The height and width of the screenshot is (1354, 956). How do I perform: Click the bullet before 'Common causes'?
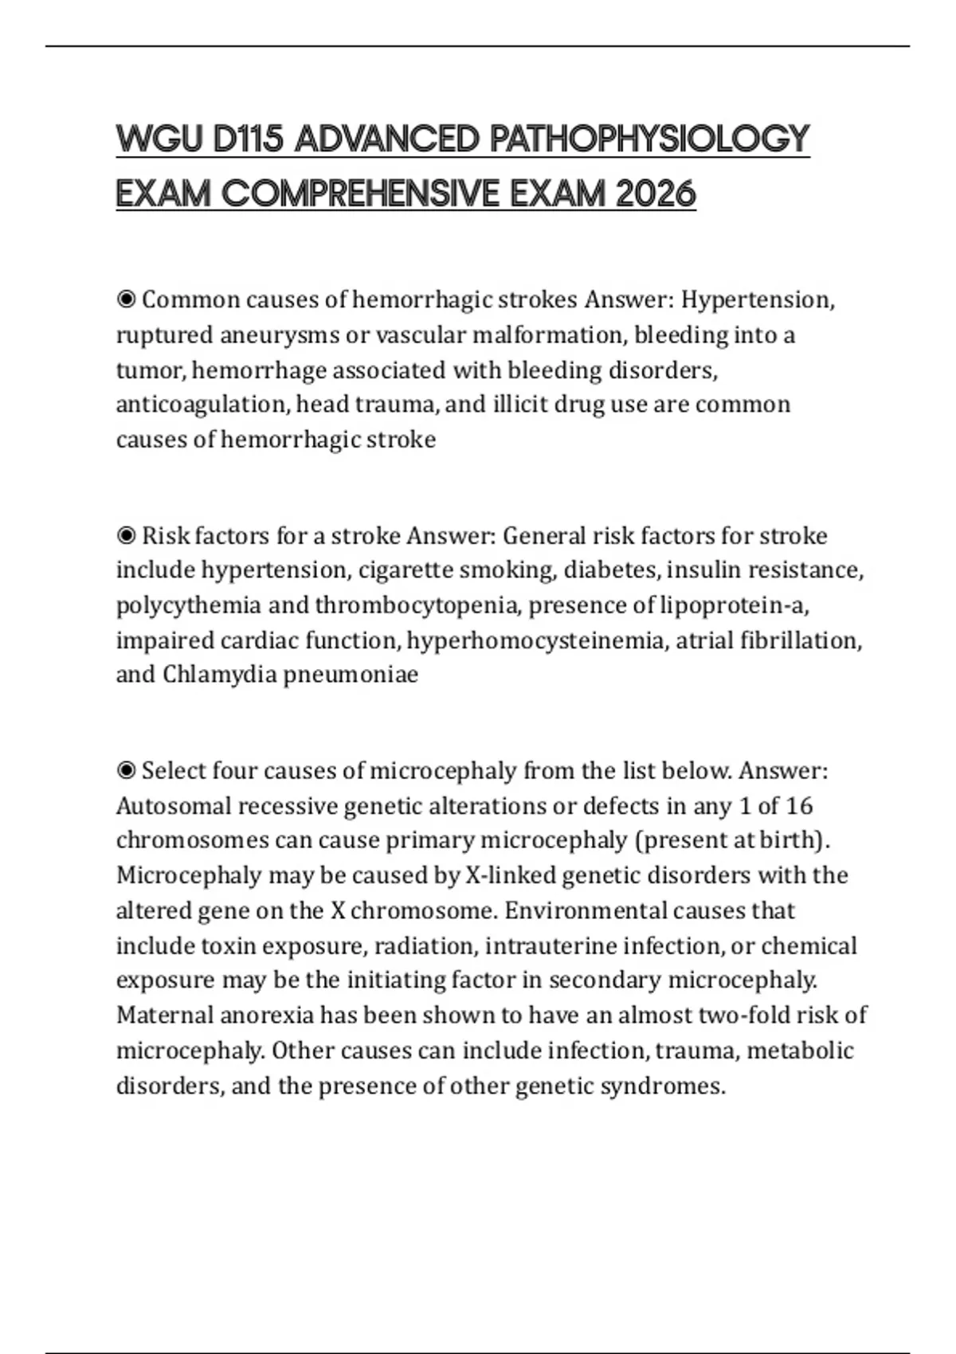(126, 300)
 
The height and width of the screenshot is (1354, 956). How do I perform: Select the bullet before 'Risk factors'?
(126, 536)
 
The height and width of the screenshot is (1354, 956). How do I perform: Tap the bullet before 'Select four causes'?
(126, 771)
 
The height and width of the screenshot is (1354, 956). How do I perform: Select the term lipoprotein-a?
(734, 605)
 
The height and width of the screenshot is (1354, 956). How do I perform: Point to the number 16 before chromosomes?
(799, 806)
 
